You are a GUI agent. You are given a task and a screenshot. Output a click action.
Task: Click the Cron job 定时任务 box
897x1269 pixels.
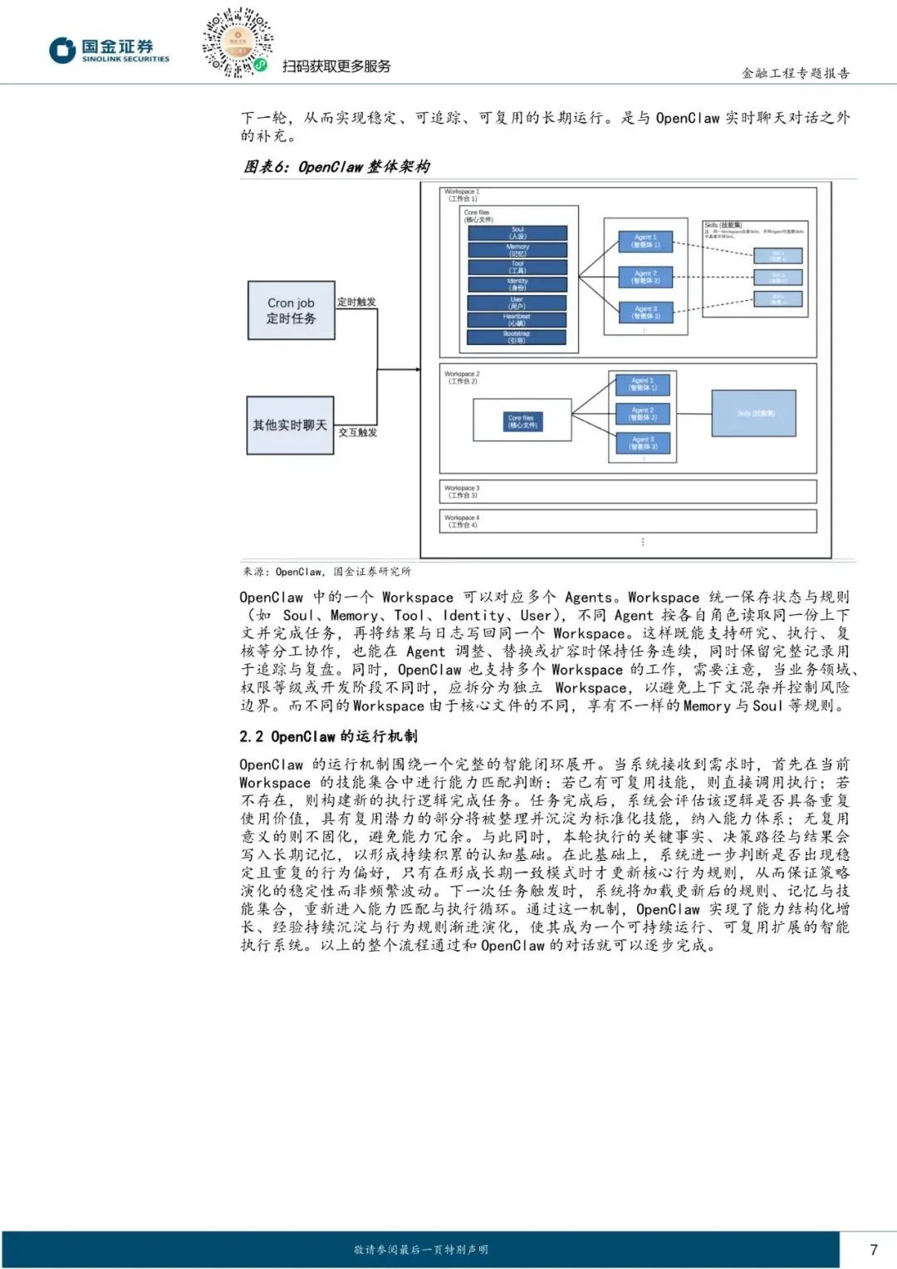pyautogui.click(x=291, y=310)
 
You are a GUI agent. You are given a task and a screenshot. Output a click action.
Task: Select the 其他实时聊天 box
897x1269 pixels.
pyautogui.click(x=290, y=425)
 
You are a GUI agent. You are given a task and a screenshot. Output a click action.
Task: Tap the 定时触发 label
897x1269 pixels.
pyautogui.click(x=356, y=302)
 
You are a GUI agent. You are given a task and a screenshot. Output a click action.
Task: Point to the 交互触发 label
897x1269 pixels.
pyautogui.click(x=358, y=432)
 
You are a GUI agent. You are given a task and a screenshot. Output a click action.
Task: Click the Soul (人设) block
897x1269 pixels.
pyautogui.click(x=517, y=234)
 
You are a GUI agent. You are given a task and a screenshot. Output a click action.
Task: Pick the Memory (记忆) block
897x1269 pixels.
pyautogui.click(x=517, y=250)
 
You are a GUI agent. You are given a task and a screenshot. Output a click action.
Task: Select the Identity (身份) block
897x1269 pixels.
pyautogui.click(x=517, y=285)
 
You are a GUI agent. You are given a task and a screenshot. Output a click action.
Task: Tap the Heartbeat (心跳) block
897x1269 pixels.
pyautogui.click(x=517, y=320)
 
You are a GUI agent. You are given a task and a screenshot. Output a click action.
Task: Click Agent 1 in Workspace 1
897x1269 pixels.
pyautogui.click(x=645, y=241)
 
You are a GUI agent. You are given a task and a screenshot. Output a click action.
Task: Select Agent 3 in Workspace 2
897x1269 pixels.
pyautogui.click(x=643, y=443)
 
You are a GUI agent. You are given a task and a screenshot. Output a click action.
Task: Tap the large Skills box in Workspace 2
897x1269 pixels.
pyautogui.click(x=754, y=413)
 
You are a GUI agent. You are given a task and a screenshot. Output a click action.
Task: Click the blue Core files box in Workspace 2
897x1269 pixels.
pyautogui.click(x=522, y=421)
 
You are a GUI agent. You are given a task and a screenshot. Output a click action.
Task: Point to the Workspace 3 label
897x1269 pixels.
pyautogui.click(x=462, y=491)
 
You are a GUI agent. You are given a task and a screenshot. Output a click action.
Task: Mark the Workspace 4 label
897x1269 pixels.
pyautogui.click(x=462, y=521)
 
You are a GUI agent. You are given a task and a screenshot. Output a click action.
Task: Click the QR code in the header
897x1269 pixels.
pyautogui.click(x=238, y=42)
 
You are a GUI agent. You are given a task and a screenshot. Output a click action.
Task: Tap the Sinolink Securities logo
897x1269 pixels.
pyautogui.click(x=109, y=51)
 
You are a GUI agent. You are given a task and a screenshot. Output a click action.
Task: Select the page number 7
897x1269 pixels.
pyautogui.click(x=873, y=1249)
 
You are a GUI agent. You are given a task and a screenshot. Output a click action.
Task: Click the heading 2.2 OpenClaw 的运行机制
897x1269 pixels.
pyautogui.click(x=328, y=736)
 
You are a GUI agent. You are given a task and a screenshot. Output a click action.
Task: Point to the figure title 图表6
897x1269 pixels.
pyautogui.click(x=336, y=166)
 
